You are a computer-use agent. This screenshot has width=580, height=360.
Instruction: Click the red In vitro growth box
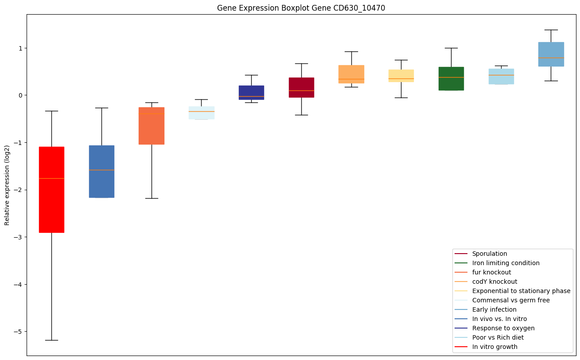[51, 204]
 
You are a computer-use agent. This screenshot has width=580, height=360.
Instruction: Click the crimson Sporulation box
[301, 84]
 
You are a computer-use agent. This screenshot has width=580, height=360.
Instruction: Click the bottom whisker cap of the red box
[51, 340]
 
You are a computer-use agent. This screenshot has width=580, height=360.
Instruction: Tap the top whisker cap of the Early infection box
[551, 30]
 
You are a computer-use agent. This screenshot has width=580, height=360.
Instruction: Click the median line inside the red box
[51, 178]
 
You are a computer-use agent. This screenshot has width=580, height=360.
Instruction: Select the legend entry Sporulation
[489, 254]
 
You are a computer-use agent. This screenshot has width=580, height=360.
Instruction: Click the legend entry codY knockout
[494, 282]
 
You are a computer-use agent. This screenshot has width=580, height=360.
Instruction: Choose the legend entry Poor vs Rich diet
[498, 337]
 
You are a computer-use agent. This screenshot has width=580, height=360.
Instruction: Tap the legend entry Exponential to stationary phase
[521, 291]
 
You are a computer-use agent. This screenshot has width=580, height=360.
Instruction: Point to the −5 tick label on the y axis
[18, 332]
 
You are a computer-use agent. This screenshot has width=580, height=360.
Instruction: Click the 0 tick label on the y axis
[20, 95]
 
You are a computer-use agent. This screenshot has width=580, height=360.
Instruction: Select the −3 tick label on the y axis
[18, 237]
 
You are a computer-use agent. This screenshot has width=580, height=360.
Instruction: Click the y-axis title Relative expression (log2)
[7, 185]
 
